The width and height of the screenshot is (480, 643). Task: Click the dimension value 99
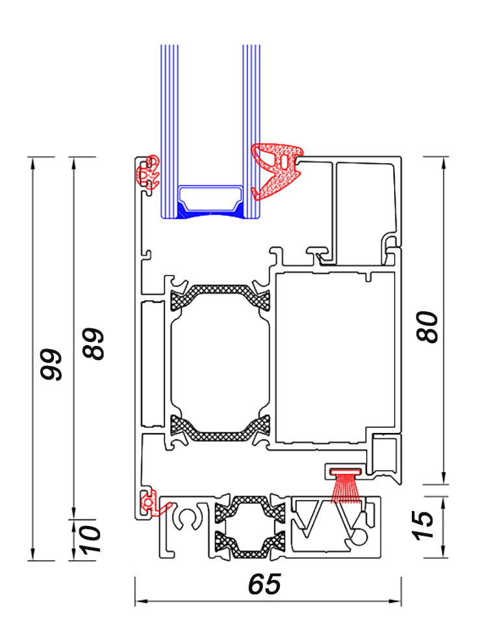click(x=51, y=365)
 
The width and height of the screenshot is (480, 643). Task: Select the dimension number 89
click(x=94, y=344)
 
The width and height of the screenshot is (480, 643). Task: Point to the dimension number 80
click(x=427, y=327)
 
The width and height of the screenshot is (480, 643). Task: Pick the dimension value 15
click(x=422, y=525)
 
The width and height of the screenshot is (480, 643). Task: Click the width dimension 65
click(x=264, y=584)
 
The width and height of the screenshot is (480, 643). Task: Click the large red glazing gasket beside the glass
click(x=277, y=170)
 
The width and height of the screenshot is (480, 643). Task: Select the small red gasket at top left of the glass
click(x=147, y=172)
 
